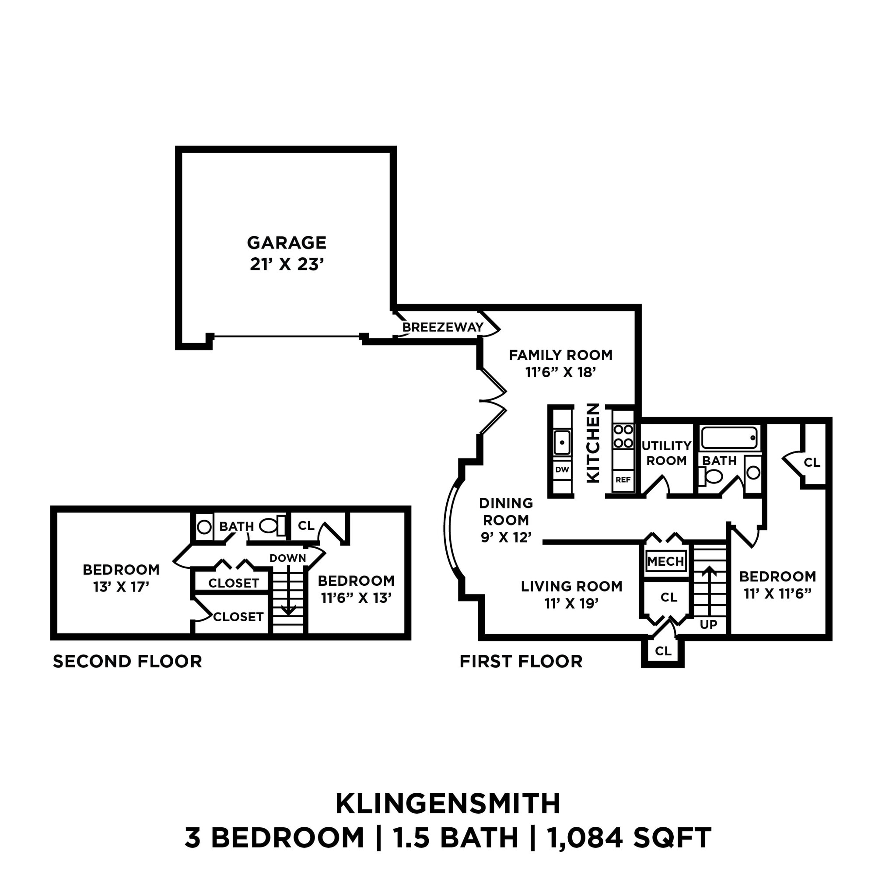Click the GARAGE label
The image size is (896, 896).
point(286,242)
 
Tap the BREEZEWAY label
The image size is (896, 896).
point(442,327)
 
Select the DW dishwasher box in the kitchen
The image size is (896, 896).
point(562,469)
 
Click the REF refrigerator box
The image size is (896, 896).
point(623,479)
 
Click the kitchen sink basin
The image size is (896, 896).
point(562,442)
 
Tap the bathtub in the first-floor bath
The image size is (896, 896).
point(729,438)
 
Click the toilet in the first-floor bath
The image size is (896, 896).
point(711,476)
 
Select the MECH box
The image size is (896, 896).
point(665,561)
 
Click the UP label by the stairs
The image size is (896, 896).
point(708,624)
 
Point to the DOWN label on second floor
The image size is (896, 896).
point(287,558)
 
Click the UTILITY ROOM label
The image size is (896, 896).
point(666,453)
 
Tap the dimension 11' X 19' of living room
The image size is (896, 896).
point(571,603)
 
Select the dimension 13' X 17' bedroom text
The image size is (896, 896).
point(121,587)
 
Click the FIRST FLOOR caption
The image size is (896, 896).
point(521,661)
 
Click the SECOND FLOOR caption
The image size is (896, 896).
point(127,661)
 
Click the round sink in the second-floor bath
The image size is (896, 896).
point(204,527)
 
